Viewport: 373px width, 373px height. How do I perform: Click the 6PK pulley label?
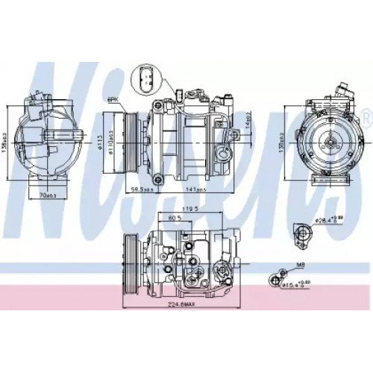113,99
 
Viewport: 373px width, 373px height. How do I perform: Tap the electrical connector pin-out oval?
145,78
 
